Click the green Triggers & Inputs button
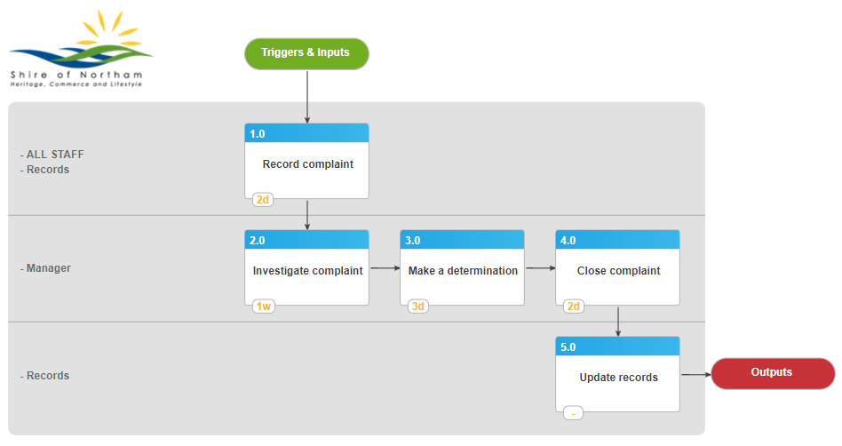click(x=306, y=53)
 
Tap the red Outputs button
click(x=773, y=373)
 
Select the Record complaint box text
click(x=307, y=164)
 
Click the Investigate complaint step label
click(x=307, y=271)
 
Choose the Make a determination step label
click(x=463, y=271)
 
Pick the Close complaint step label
click(x=618, y=271)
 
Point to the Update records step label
click(x=618, y=378)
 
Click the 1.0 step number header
click(x=306, y=133)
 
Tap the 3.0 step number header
click(x=463, y=240)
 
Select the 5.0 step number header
click(x=617, y=346)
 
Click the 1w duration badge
click(x=264, y=307)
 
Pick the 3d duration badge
click(x=417, y=307)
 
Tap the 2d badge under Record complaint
click(x=263, y=200)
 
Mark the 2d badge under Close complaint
click(x=574, y=307)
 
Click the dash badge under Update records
click(x=573, y=413)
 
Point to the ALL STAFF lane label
click(x=55, y=155)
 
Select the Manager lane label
click(x=48, y=268)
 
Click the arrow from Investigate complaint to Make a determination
click(x=385, y=267)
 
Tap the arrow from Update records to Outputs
click(x=696, y=375)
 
